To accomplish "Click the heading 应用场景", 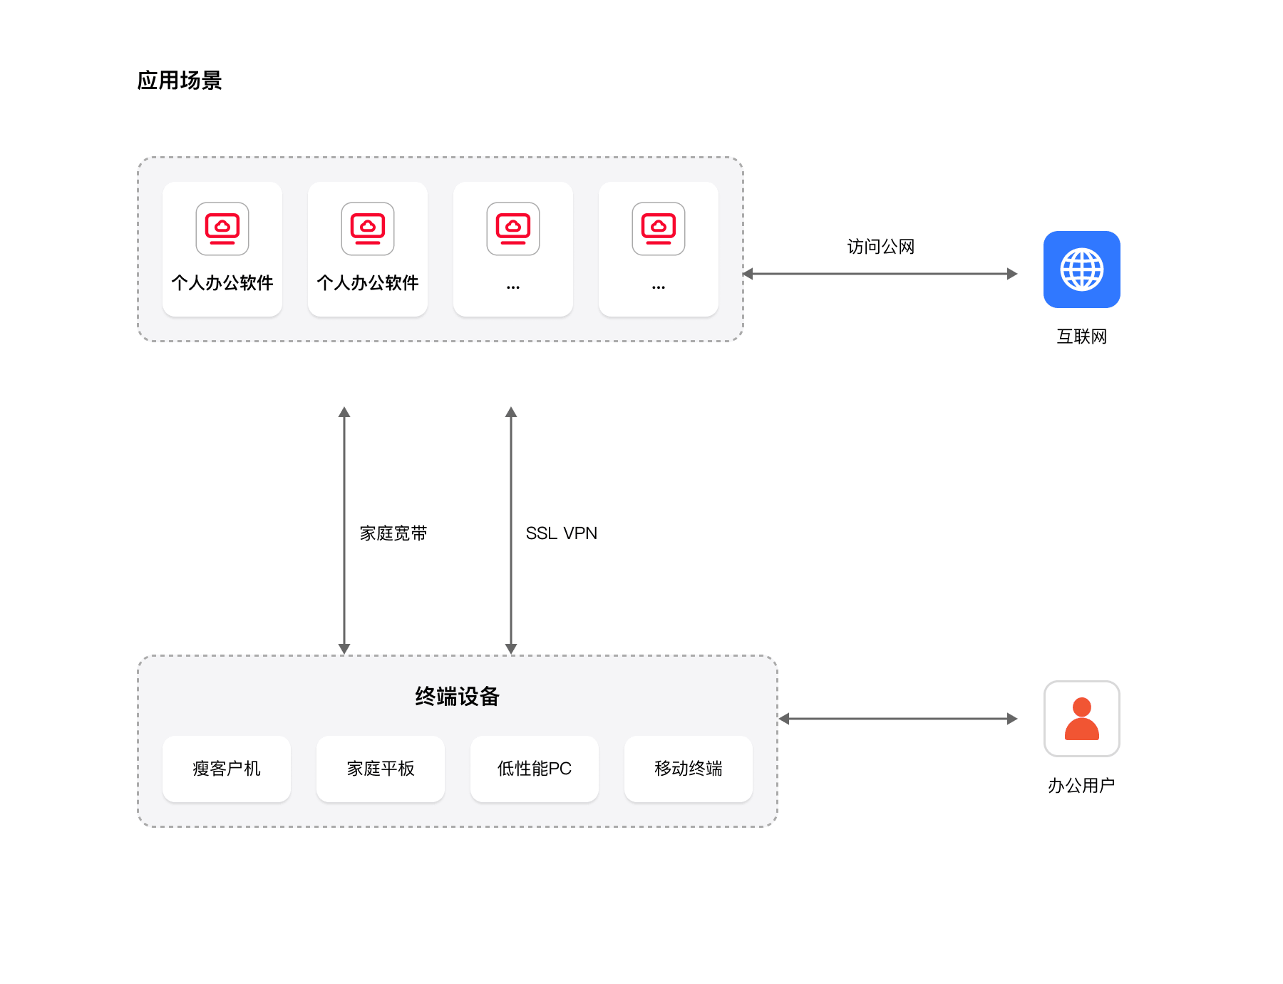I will click(180, 81).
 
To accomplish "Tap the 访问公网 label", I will click(880, 247).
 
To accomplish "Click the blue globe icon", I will click(1081, 270).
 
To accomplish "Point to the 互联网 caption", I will click(1081, 337).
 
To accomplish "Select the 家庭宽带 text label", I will click(393, 533).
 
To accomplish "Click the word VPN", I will click(580, 533).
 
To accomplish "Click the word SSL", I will click(541, 533).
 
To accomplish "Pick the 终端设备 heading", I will click(457, 696).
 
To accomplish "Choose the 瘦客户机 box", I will click(227, 769).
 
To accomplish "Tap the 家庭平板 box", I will click(381, 769).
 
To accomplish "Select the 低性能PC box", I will click(535, 769).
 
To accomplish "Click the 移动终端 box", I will click(689, 769).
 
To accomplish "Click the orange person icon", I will click(1081, 719).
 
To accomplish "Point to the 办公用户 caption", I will click(1081, 786).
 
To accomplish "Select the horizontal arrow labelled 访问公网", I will click(880, 274).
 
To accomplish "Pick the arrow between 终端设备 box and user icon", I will click(898, 719).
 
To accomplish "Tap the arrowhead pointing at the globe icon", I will click(1012, 274).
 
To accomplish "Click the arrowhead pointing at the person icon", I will click(1012, 719).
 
